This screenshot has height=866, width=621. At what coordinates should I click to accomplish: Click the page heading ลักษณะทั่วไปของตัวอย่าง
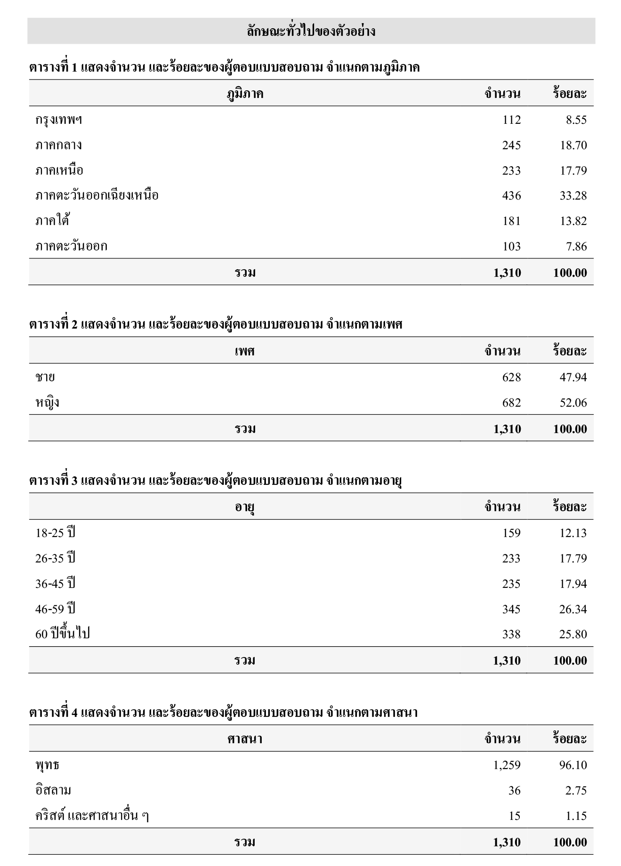(311, 32)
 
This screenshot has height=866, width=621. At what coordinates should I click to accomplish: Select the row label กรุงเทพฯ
(58, 120)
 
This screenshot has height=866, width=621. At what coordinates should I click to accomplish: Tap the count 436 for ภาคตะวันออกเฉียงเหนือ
(511, 196)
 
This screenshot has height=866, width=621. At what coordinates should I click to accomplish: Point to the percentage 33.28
(573, 196)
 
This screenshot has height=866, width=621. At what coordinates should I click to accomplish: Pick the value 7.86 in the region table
(576, 247)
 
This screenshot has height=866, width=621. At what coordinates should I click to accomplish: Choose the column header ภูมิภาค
(245, 94)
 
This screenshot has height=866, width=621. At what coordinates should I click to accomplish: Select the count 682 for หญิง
(511, 403)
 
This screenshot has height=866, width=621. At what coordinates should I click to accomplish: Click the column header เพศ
(245, 351)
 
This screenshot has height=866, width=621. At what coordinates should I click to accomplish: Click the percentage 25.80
(573, 634)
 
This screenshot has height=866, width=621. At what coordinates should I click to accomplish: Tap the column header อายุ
(245, 507)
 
